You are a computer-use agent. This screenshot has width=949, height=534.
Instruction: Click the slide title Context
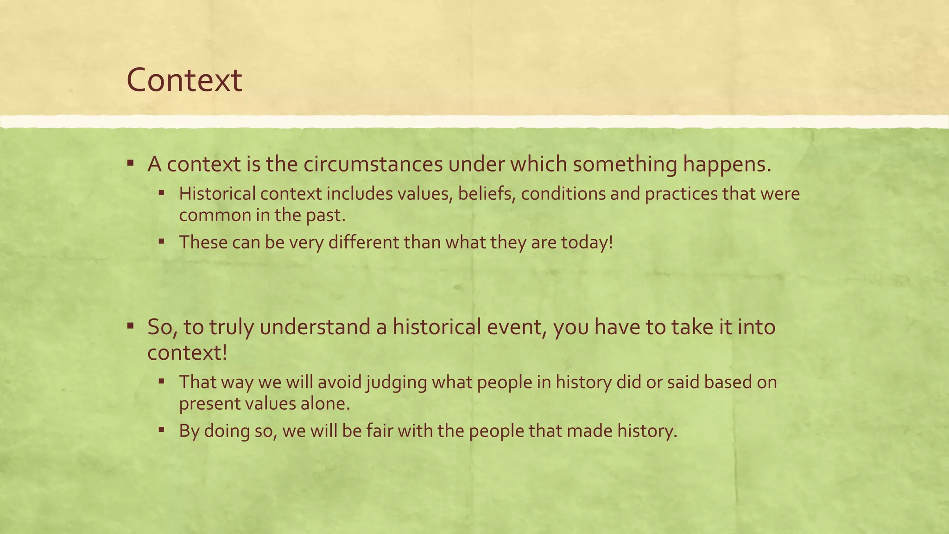(184, 80)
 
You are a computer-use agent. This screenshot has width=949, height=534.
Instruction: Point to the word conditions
(563, 194)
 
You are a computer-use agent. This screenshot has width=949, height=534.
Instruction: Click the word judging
(396, 382)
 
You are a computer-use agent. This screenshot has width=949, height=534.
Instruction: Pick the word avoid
(340, 382)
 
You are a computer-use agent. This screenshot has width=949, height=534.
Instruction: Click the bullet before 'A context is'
(131, 163)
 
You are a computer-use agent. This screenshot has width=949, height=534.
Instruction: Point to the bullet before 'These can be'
(161, 242)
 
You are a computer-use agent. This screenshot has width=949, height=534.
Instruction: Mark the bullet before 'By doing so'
(161, 430)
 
